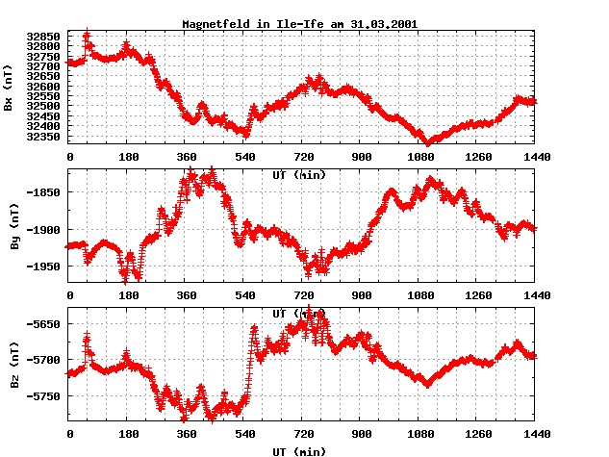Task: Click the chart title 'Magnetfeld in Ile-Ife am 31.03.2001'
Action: pos(299,22)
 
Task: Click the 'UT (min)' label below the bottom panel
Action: pos(299,449)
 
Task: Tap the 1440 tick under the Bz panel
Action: pos(534,434)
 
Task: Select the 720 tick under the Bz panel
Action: pos(302,434)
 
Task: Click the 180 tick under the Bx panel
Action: pos(127,156)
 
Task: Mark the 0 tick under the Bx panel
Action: pos(69,156)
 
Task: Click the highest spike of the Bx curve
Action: pos(87,35)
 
